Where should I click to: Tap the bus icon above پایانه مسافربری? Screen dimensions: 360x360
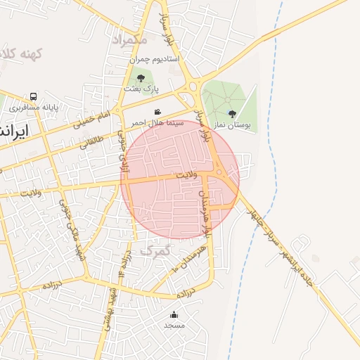[x=33, y=96]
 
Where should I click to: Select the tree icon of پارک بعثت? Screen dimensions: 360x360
[x=141, y=78]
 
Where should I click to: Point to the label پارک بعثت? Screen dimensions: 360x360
[x=141, y=89]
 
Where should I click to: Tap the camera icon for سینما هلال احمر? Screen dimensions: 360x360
[x=157, y=112]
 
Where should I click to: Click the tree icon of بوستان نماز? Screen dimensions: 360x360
[x=232, y=113]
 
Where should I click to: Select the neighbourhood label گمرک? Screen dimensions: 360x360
[x=155, y=250]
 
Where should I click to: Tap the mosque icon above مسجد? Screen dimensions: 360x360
[x=174, y=314]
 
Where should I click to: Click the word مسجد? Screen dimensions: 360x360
[x=174, y=326]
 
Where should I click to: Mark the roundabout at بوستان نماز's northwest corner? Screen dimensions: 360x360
[x=193, y=87]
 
